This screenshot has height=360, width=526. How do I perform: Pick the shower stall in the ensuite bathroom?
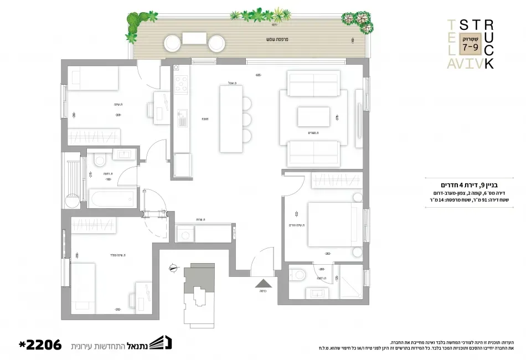(x=350, y=282)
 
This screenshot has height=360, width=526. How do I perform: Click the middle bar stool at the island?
(x=246, y=119)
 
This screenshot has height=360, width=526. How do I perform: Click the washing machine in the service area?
(x=182, y=233)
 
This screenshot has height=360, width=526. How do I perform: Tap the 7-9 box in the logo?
(x=470, y=47)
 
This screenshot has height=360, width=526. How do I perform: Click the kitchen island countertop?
(x=231, y=119)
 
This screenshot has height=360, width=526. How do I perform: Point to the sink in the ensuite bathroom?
(x=318, y=294)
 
